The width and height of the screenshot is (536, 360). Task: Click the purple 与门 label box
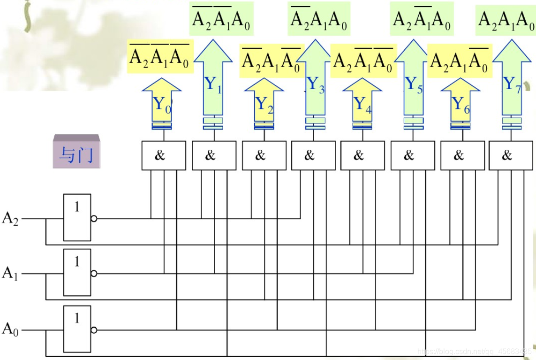(76, 152)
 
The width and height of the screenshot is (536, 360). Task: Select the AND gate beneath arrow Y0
(160, 155)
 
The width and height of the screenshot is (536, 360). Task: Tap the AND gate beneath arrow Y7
(507, 155)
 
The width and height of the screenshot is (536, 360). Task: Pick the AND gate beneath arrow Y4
(359, 155)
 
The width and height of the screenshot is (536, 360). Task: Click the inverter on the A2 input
(77, 218)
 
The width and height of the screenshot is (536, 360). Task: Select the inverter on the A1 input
(77, 273)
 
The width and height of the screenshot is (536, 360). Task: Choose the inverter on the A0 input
(77, 329)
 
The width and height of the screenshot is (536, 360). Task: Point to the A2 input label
(10, 218)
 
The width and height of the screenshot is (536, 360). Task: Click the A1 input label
(10, 273)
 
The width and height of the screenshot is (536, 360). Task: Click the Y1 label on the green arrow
(212, 85)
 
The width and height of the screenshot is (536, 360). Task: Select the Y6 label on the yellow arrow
(460, 104)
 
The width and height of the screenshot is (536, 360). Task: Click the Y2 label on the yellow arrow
(264, 104)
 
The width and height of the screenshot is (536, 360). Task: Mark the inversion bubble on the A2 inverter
(94, 218)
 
